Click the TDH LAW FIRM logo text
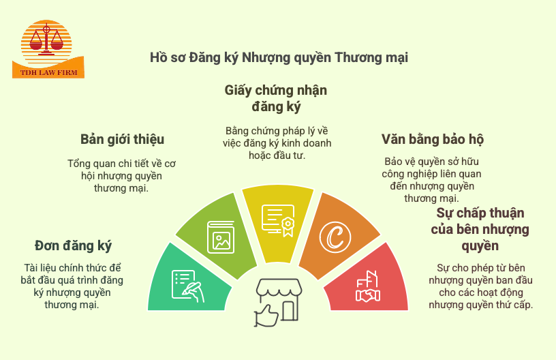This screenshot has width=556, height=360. (x=48, y=72)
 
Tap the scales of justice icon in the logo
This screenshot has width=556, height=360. (x=47, y=39)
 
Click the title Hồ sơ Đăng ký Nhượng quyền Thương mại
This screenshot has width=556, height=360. (x=279, y=57)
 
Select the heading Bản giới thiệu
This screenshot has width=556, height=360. (x=122, y=140)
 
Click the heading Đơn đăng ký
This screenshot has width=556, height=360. (x=73, y=245)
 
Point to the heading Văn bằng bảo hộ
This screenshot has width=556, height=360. (x=433, y=140)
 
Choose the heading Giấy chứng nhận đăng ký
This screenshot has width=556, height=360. (x=276, y=98)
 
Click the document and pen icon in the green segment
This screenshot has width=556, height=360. (x=187, y=286)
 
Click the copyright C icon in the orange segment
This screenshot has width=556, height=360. (x=335, y=237)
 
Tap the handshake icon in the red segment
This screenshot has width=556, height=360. (x=368, y=288)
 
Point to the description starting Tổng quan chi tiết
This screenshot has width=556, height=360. (x=122, y=175)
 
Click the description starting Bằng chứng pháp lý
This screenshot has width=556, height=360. (x=276, y=142)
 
